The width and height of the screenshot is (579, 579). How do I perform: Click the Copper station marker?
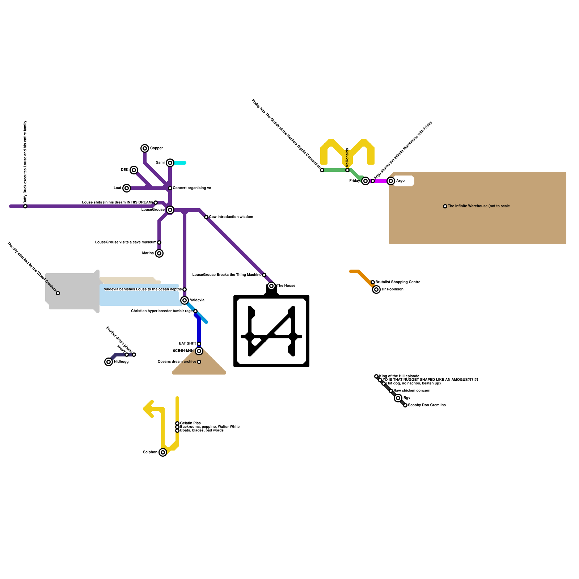click(x=145, y=148)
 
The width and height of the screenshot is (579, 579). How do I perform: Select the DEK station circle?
click(x=134, y=170)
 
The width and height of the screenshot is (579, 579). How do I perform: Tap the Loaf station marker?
click(x=126, y=188)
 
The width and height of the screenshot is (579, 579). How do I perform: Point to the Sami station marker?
click(x=170, y=163)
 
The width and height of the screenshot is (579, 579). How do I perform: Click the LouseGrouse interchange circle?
click(x=170, y=210)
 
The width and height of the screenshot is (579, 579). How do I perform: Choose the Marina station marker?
click(x=159, y=253)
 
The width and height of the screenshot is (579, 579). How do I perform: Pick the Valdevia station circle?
click(x=185, y=300)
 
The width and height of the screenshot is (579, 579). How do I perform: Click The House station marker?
click(x=271, y=286)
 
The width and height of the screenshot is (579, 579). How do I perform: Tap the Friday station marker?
click(x=365, y=181)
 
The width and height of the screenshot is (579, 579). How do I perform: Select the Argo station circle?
click(x=391, y=181)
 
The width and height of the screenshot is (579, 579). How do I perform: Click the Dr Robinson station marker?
click(x=376, y=289)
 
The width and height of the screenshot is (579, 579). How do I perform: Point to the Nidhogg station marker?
click(x=109, y=362)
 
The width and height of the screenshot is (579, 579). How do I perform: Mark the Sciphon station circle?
click(x=163, y=452)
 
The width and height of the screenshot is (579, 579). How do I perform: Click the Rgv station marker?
click(x=398, y=398)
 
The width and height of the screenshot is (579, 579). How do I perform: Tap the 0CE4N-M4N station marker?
click(x=199, y=351)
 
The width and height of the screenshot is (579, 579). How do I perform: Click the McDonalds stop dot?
click(x=347, y=170)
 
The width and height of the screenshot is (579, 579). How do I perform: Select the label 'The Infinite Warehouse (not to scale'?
click(x=478, y=206)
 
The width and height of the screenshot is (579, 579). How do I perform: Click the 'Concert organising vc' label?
click(x=192, y=188)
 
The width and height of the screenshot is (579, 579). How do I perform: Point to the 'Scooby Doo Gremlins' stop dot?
click(x=405, y=405)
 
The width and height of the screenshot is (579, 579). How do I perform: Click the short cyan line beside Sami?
click(x=180, y=163)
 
